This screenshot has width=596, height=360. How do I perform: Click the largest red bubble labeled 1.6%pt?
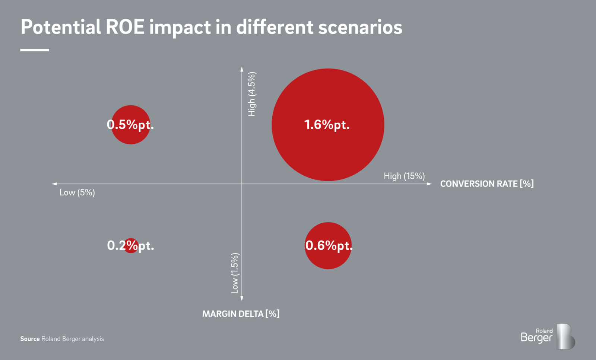(x=328, y=125)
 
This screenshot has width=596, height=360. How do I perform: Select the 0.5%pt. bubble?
(x=131, y=125)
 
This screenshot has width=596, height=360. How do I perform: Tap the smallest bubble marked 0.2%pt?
(x=131, y=246)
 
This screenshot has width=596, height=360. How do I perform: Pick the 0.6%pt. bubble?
(x=328, y=246)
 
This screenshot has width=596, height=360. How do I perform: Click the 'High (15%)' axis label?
(x=404, y=176)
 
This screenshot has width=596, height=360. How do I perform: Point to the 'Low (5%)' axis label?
(x=77, y=192)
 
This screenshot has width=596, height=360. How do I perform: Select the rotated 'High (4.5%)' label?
(x=252, y=94)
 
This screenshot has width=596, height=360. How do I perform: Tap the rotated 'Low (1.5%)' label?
(x=235, y=273)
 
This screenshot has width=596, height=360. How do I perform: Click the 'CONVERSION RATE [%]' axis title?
(x=487, y=184)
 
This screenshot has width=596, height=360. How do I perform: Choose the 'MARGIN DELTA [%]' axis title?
(x=241, y=314)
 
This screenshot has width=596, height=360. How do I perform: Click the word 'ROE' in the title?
(x=125, y=27)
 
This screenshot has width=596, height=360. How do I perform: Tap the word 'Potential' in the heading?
(x=61, y=27)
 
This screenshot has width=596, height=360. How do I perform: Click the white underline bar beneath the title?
(x=35, y=50)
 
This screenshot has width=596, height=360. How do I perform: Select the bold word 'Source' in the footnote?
(x=30, y=339)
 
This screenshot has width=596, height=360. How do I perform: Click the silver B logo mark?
(x=565, y=337)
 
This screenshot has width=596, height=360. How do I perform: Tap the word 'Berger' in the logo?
(x=536, y=338)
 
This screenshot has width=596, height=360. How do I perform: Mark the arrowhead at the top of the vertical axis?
(x=242, y=69)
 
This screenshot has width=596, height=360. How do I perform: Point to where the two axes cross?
(x=242, y=184)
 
